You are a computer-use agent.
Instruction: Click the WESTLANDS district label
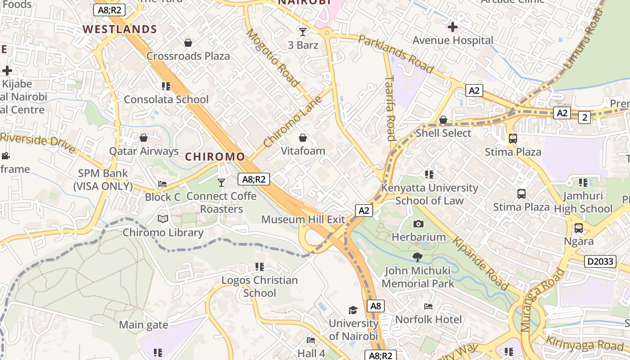point(120,30)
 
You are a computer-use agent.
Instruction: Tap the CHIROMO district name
point(215,157)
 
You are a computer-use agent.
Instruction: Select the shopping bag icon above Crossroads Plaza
point(188,43)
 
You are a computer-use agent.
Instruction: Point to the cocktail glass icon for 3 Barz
point(303,31)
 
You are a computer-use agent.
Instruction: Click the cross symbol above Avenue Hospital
point(453,27)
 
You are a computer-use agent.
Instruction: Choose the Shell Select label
point(443,133)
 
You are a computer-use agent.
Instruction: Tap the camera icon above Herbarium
point(418,224)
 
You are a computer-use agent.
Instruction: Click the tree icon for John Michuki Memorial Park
point(418,257)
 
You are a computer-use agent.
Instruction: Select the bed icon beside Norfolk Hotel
point(428,306)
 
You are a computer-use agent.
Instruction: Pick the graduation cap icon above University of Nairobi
point(353,310)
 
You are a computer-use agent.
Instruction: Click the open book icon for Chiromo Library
point(163,219)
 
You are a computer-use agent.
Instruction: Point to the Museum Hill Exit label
point(303,220)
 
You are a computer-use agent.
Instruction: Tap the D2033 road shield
point(600,261)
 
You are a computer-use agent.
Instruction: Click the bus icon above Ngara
point(579,228)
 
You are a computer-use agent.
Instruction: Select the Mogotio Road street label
point(272,58)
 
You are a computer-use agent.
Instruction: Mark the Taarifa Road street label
point(390,108)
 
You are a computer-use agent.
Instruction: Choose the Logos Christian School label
point(259,286)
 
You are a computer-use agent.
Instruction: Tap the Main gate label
point(144,325)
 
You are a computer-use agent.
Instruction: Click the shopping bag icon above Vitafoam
point(303,137)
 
